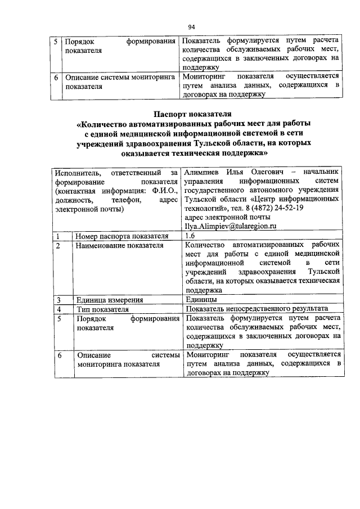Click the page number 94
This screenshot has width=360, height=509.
pos(191,26)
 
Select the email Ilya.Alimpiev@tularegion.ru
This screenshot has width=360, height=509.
pos(231,226)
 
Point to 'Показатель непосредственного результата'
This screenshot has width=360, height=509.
pos(256,309)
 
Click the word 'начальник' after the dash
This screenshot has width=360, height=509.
pos(321,171)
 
